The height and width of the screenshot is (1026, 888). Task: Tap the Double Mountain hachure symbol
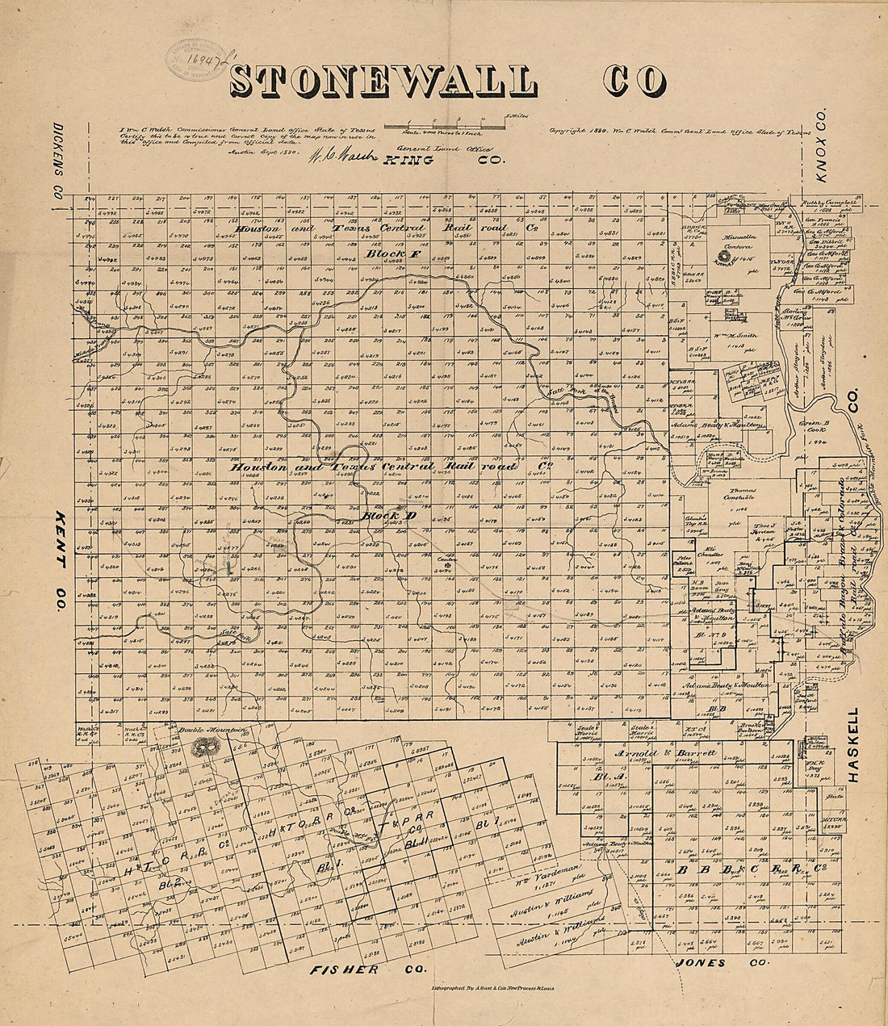click(204, 748)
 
